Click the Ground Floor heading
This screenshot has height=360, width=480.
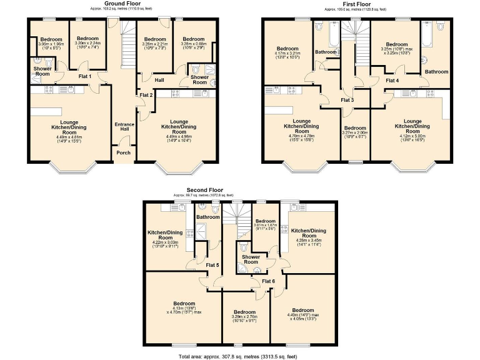(121, 3)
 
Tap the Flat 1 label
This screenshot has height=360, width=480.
(85, 77)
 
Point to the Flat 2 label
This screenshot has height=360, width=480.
(146, 94)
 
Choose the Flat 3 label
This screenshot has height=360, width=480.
(347, 100)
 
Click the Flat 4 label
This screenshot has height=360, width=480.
(392, 81)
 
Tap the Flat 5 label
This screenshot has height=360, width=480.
(212, 265)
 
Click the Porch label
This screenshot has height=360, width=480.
(124, 152)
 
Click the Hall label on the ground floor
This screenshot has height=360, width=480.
(159, 79)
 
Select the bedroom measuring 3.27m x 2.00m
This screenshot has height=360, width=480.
(355, 131)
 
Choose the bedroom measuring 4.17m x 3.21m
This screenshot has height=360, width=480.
(287, 51)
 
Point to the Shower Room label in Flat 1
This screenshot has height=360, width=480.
(42, 72)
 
